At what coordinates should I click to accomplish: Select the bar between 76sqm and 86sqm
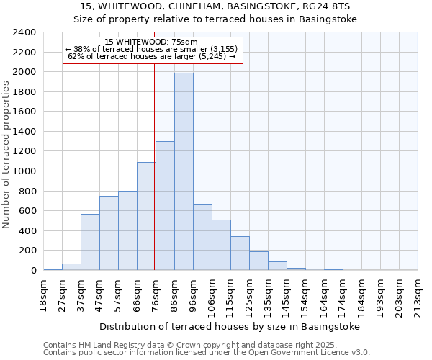165,206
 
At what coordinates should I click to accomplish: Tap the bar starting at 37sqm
90,242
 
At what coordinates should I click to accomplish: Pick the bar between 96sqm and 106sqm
202,237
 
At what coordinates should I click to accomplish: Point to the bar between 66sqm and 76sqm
146,216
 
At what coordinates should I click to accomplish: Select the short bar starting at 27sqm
71,266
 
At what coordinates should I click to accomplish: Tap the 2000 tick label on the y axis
24,72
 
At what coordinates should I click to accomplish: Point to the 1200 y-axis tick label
24,151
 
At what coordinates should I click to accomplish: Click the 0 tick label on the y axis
33,271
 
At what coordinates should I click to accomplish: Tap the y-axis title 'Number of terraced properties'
7,155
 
